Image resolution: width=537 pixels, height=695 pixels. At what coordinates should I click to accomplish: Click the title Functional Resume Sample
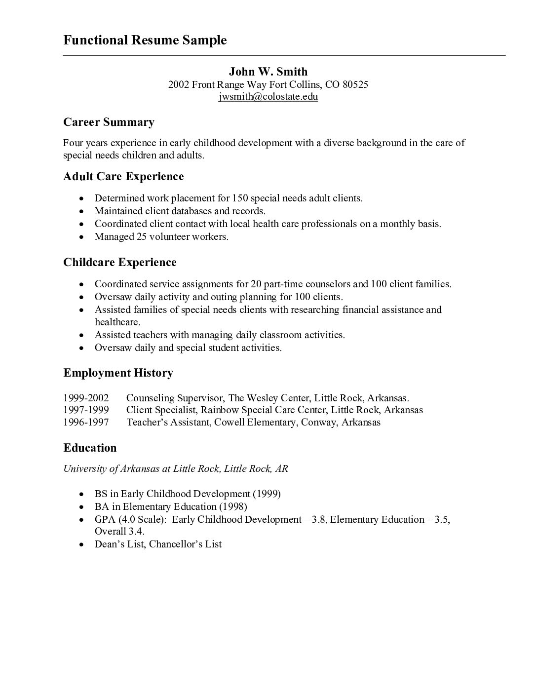145,40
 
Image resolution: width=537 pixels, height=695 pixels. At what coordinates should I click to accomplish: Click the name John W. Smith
268,72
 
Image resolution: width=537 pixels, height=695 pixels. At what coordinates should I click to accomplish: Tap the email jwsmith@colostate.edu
268,97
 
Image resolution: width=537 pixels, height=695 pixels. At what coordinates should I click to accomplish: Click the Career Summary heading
109,122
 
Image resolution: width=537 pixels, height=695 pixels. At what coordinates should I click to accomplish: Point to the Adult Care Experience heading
123,176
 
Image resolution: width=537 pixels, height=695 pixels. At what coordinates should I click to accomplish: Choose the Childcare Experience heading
119,262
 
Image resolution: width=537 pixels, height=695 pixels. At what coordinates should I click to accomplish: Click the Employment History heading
118,373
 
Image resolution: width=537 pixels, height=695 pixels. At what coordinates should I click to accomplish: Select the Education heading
90,448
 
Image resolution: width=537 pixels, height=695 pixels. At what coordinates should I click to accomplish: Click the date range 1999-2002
86,398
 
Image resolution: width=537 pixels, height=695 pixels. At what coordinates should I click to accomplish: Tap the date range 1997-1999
86,410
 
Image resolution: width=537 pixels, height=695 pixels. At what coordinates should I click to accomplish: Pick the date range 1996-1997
86,422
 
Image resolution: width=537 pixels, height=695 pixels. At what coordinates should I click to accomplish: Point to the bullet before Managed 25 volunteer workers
81,237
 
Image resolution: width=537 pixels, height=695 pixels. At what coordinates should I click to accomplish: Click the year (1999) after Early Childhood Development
267,494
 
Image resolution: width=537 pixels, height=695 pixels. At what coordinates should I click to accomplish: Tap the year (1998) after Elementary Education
233,506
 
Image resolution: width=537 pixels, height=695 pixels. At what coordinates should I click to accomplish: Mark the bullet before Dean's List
81,544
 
